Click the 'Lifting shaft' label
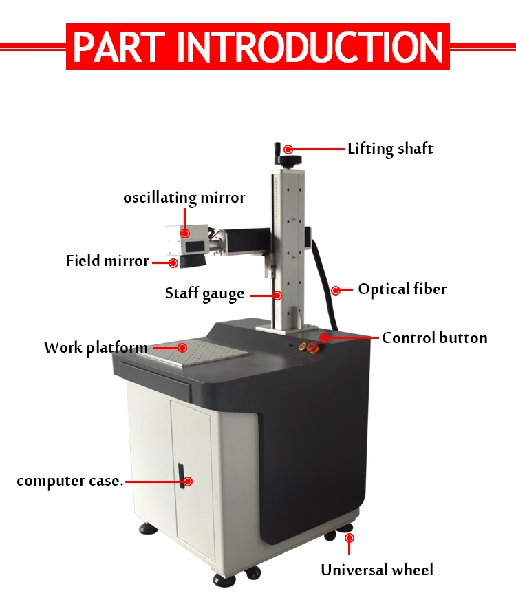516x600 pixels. point(390,149)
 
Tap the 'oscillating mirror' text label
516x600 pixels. point(184,198)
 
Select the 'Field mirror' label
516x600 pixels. point(107,260)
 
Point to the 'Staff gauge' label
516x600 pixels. point(204,294)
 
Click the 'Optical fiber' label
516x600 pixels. point(402,289)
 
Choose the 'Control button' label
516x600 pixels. point(435,338)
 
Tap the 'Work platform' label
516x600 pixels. point(96,348)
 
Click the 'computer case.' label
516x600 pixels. point(70,481)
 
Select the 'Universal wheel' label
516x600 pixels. point(377,570)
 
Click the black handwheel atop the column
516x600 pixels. point(290,160)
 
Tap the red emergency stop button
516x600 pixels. point(312,347)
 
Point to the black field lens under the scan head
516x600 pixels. point(193,260)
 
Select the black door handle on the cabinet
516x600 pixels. point(181,475)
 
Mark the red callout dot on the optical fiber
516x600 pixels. point(336,291)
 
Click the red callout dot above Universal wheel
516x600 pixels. point(349,539)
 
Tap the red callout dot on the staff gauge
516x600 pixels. point(277,295)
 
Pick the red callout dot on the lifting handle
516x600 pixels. point(288,149)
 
